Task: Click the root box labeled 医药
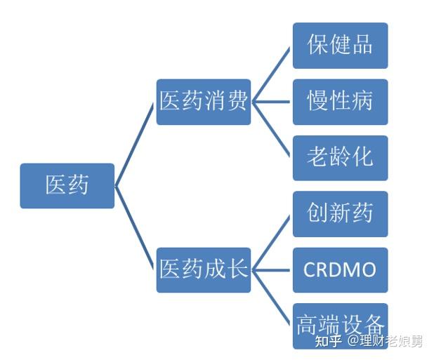click(x=67, y=186)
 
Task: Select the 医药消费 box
click(x=204, y=102)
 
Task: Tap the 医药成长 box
click(x=204, y=270)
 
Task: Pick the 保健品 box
click(x=340, y=46)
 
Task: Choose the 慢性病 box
click(x=340, y=102)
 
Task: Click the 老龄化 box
click(x=340, y=158)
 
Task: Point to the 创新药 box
click(x=340, y=214)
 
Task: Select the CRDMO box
click(x=340, y=270)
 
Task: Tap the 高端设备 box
click(x=340, y=326)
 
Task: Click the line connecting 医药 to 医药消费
click(x=134, y=145)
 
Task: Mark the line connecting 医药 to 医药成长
click(x=134, y=227)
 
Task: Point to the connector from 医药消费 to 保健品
click(x=271, y=74)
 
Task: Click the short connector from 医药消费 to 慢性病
click(x=271, y=102)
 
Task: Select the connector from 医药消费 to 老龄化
click(x=271, y=129)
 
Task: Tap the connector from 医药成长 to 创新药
click(x=271, y=242)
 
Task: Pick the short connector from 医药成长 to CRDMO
click(x=271, y=270)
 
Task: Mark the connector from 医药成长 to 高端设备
click(x=271, y=298)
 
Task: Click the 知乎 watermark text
click(x=328, y=341)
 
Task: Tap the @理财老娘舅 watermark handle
click(x=386, y=341)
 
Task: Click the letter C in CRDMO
click(x=310, y=269)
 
